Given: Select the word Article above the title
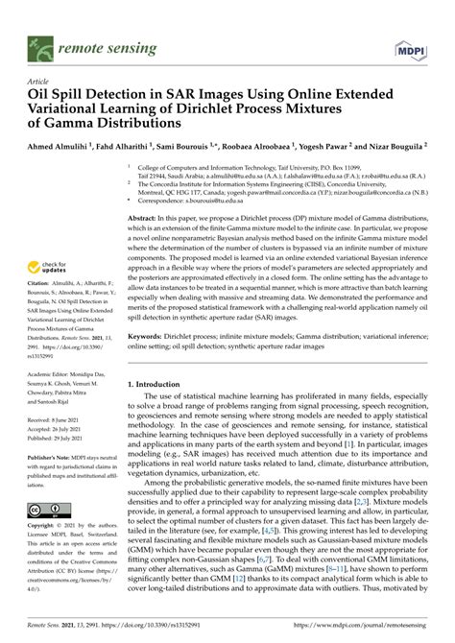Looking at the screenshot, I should tap(38, 83).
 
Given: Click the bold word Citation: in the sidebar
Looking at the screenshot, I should tap(42, 299).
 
